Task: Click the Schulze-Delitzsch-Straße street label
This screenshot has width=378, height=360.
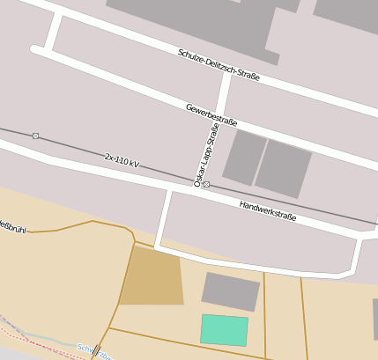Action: (219, 64)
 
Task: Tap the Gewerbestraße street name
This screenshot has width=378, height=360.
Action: (211, 115)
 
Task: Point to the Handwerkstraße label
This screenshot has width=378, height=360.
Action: (268, 210)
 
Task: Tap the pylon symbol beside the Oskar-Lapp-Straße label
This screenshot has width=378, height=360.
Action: (206, 184)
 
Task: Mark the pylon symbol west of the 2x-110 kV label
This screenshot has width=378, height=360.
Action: (35, 136)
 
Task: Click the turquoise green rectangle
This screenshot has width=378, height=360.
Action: (224, 330)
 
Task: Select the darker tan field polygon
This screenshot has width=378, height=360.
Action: (151, 276)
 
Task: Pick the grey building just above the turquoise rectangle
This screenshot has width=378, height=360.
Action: (231, 291)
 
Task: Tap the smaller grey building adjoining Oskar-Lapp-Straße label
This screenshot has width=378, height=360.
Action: (244, 158)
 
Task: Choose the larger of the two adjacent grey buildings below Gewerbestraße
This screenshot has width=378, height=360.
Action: (283, 168)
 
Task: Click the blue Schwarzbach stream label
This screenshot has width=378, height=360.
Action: (93, 352)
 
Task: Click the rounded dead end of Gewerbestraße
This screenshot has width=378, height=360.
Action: (35, 50)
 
